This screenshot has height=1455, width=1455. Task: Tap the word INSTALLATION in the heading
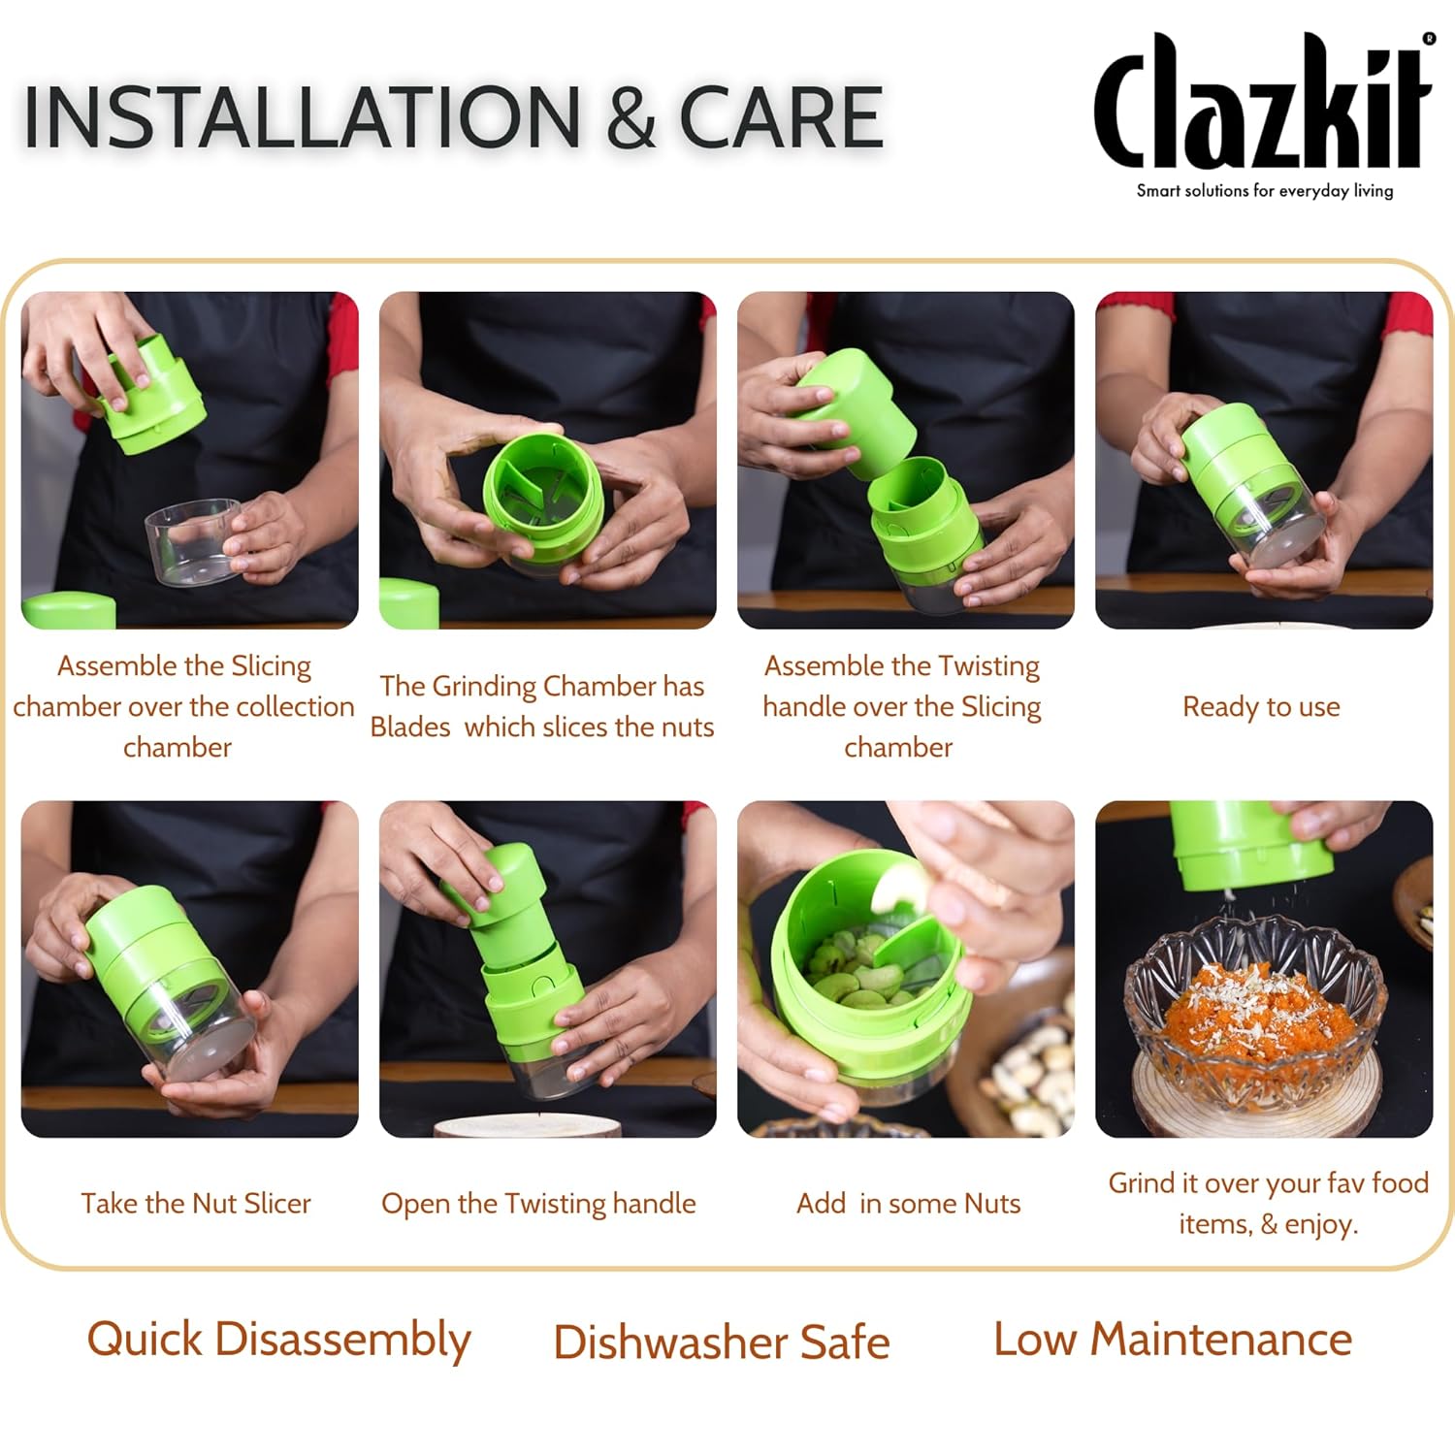(x=302, y=117)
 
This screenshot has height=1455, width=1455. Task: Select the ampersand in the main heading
(x=631, y=117)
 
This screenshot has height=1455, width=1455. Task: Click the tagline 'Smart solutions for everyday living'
(x=1265, y=190)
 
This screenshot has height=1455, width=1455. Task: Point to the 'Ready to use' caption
(x=1261, y=706)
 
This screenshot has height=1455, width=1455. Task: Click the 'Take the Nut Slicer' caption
(x=196, y=1203)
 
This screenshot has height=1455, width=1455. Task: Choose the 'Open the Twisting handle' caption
(x=538, y=1204)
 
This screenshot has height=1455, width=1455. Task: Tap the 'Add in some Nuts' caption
(x=909, y=1203)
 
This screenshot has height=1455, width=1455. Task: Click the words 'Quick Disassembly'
(x=279, y=1341)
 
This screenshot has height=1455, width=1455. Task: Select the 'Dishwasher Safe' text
(x=722, y=1342)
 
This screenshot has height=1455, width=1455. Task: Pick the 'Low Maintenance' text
(x=1173, y=1340)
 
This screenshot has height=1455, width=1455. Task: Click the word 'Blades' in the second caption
(x=410, y=727)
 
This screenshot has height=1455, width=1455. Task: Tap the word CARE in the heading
(x=781, y=117)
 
